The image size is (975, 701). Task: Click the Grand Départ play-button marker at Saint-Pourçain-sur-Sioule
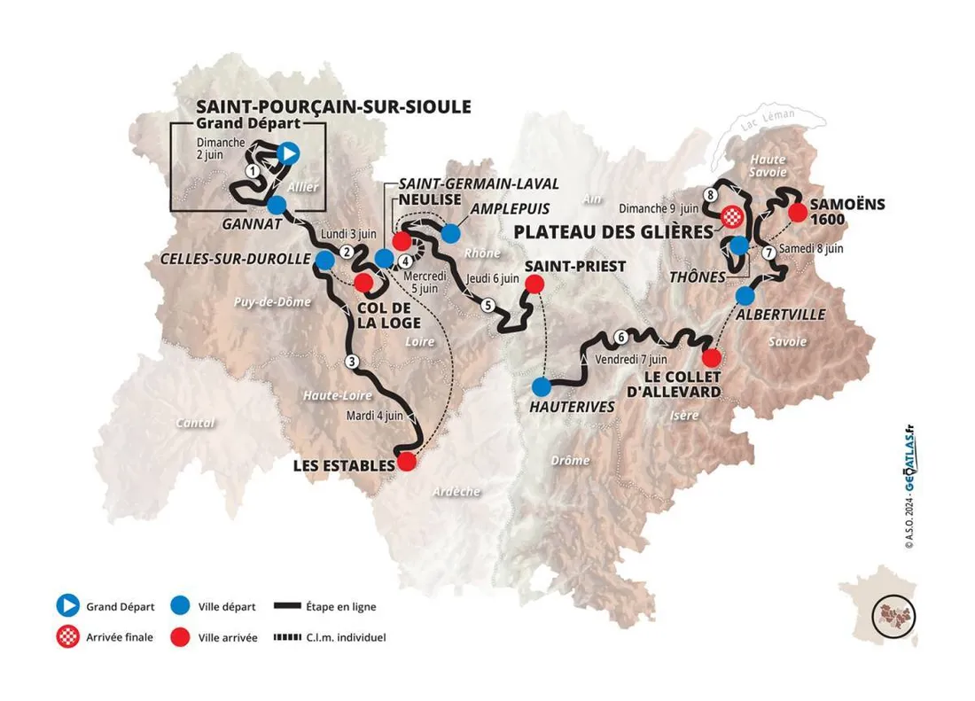tap(287, 153)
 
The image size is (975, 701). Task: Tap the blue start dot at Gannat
tap(277, 206)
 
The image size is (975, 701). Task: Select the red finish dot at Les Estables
tap(406, 462)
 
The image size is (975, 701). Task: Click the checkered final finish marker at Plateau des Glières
tap(732, 215)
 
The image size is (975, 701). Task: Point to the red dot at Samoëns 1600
tap(797, 211)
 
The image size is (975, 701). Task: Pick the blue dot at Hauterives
tap(542, 387)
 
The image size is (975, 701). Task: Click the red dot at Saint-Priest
tap(534, 284)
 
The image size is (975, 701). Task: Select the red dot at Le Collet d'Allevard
tap(711, 358)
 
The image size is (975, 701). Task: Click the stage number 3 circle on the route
tap(352, 361)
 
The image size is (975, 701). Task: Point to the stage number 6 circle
tap(621, 337)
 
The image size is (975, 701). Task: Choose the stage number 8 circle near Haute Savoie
tap(710, 194)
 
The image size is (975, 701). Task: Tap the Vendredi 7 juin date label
tap(631, 360)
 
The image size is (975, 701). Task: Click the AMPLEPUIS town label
tap(512, 209)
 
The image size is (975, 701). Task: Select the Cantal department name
tap(195, 423)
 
